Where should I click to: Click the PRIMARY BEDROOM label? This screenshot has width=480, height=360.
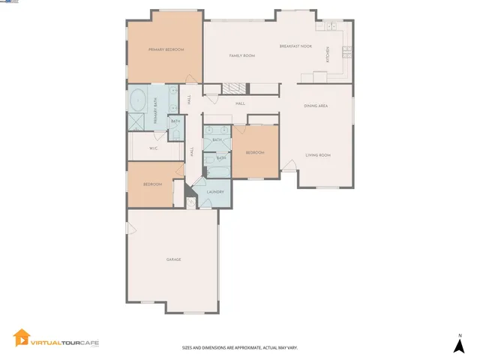(166, 49)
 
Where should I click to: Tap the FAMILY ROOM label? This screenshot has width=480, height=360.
(242, 56)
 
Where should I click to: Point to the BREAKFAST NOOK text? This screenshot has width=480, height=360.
(295, 46)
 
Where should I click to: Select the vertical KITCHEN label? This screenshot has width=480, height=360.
(328, 55)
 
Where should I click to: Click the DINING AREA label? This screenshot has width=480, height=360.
(316, 106)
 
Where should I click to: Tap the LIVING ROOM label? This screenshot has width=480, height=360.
(318, 155)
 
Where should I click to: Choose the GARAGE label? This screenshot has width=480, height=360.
(173, 259)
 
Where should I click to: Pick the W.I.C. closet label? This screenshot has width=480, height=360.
(153, 148)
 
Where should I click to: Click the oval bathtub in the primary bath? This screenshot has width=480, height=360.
(138, 99)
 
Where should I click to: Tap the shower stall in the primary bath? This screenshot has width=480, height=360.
(138, 121)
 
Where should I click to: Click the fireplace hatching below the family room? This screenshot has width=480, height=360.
(233, 89)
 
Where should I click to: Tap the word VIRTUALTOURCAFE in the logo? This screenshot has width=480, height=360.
(64, 343)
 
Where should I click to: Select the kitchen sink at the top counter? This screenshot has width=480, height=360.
(328, 28)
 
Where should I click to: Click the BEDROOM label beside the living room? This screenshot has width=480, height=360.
(255, 153)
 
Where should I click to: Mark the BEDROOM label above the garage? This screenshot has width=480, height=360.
(153, 184)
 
